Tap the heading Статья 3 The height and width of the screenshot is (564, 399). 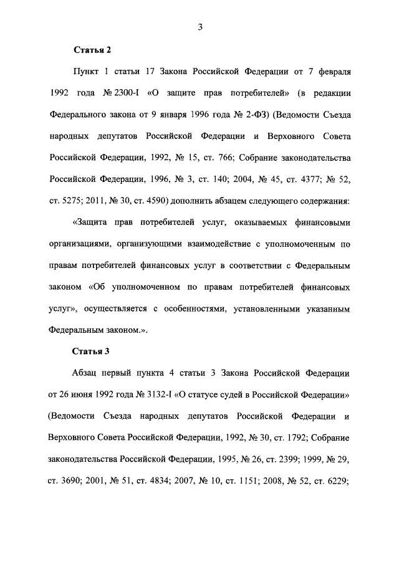coord(92,351)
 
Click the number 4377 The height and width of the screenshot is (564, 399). coord(301,179)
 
